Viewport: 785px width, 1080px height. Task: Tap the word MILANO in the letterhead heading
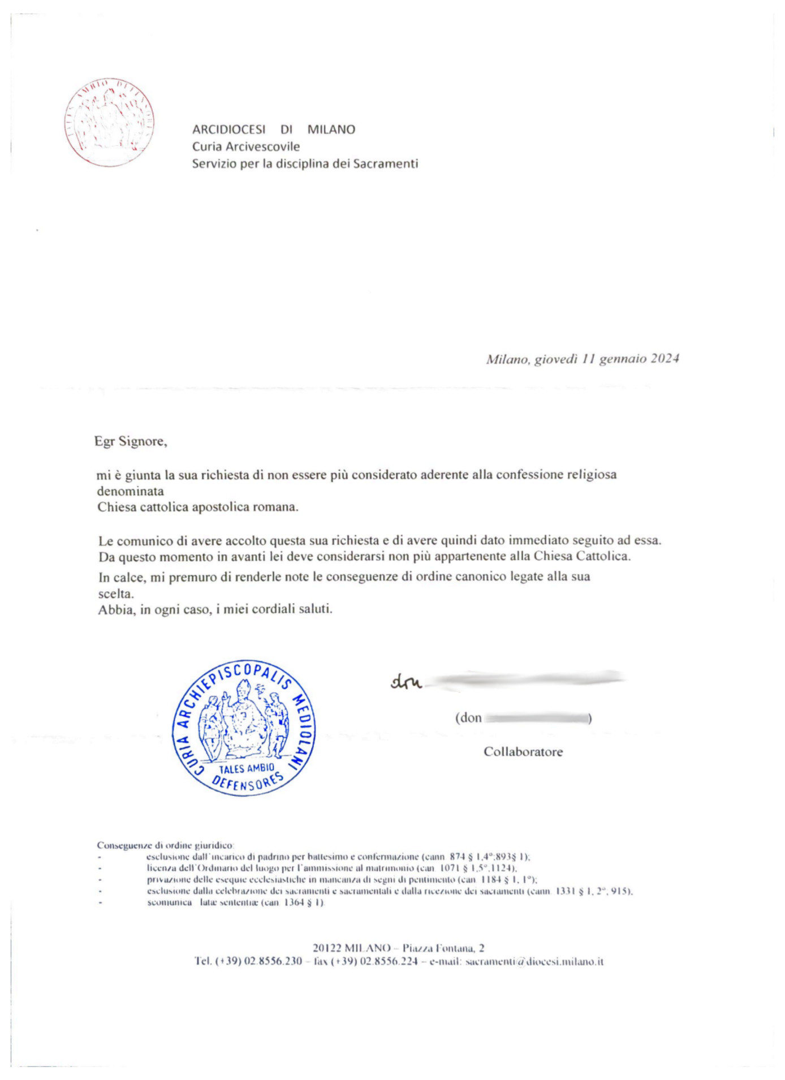331,130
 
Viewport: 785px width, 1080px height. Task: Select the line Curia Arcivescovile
246,147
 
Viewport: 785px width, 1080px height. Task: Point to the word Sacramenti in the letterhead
386,163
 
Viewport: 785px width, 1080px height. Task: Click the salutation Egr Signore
131,441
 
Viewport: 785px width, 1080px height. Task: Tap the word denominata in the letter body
131,490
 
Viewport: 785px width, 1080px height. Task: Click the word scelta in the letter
116,594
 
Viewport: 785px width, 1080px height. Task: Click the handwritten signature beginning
406,682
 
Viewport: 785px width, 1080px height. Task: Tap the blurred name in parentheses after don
536,718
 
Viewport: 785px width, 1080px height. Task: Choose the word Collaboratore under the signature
523,752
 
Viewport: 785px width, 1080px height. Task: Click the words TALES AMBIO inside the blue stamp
247,768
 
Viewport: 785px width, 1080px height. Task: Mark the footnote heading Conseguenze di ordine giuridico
165,845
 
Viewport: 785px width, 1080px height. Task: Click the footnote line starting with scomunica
235,902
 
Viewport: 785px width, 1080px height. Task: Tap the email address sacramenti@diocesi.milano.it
534,961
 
